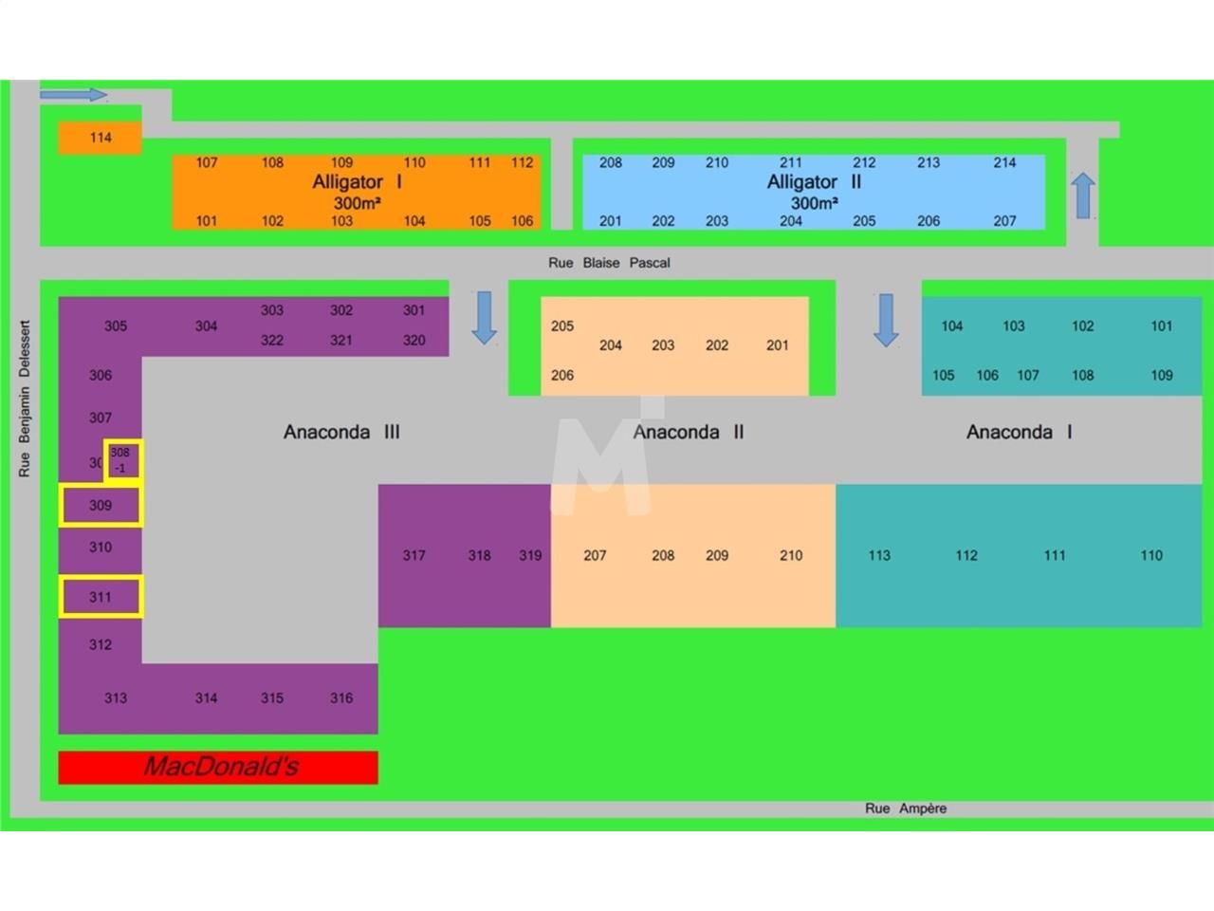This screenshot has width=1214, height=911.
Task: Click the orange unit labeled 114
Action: coord(100,138)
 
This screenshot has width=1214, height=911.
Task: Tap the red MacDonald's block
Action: coord(218,767)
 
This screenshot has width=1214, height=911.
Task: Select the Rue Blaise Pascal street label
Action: coord(609,263)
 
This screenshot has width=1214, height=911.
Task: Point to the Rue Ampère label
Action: coord(905,809)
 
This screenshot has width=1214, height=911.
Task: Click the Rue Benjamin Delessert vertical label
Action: coord(25,398)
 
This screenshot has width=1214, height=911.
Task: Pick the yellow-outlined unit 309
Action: coord(101,506)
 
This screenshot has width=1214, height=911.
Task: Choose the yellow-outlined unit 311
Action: coord(101,597)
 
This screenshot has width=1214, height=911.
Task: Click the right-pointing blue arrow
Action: coord(73,95)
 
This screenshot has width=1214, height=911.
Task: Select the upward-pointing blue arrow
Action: coord(1083,195)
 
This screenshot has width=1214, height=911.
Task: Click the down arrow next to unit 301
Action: coord(484,317)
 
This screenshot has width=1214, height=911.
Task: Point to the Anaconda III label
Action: coord(341,433)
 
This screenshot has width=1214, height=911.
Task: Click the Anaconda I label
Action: coord(1019,433)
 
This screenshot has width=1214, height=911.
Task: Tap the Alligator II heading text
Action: coord(814,182)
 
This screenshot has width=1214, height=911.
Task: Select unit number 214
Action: coord(1004,163)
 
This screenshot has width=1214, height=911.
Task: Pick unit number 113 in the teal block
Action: coord(879,556)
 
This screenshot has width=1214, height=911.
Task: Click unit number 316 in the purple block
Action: coord(341,698)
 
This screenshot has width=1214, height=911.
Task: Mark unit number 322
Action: coord(272,341)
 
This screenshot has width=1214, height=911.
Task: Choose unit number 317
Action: coord(414,556)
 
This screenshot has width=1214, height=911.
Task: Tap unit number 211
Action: coord(791,163)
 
